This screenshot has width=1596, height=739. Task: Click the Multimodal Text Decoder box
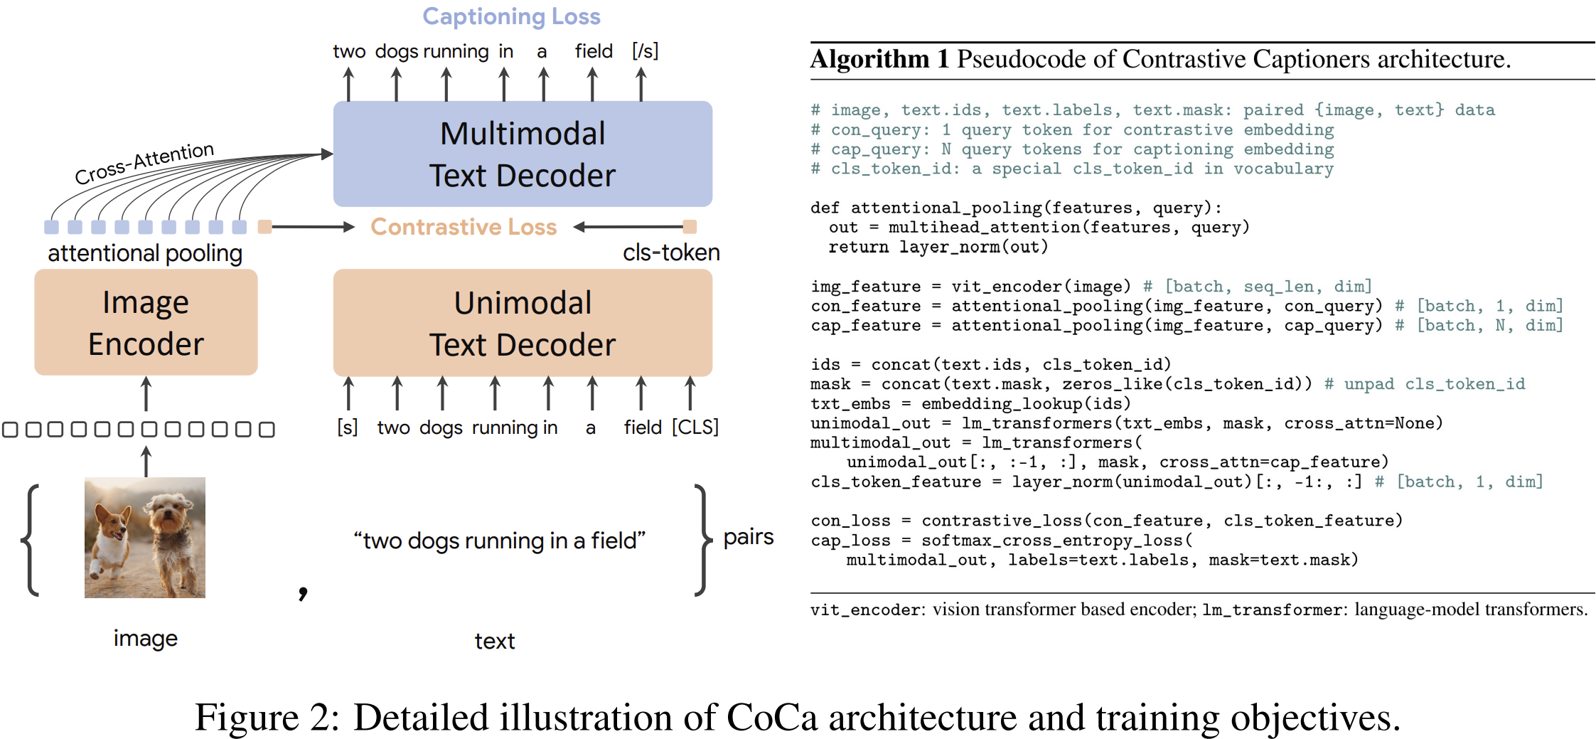coord(523,154)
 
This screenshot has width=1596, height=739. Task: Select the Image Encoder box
coord(146,322)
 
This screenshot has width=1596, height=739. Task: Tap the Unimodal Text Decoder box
coord(523,322)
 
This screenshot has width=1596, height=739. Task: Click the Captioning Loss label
coord(511,16)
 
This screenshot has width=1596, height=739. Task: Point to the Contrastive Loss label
coord(464,227)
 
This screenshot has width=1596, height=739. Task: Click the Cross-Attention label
coord(144,163)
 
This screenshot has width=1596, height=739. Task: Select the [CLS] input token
coord(695,427)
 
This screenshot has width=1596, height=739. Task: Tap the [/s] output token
coord(645,51)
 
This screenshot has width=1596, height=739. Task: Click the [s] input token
coord(347,427)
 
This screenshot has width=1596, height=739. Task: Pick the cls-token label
coord(670,252)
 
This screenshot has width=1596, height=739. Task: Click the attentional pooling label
coord(145,253)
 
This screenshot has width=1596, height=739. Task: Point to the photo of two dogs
coord(145,537)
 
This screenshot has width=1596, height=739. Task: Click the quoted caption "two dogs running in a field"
coord(499,541)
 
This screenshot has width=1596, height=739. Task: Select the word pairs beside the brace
coord(748,536)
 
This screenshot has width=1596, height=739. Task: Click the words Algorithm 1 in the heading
coord(879,59)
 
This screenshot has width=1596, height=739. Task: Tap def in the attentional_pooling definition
coord(825,208)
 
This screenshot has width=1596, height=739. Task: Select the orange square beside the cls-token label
coord(690,227)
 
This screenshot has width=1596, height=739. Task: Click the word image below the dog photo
coord(145,638)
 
